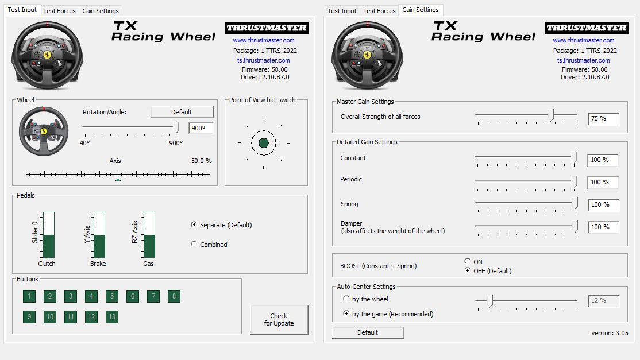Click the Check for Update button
pyautogui.click(x=279, y=319)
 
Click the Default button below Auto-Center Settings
pyautogui.click(x=368, y=332)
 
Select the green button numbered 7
pyautogui.click(x=153, y=296)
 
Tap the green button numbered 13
pyautogui.click(x=112, y=316)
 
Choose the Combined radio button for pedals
pyautogui.click(x=194, y=244)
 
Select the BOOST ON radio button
pyautogui.click(x=468, y=262)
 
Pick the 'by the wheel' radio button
pyautogui.click(x=346, y=299)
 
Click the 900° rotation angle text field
pyautogui.click(x=201, y=128)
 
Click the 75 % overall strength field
pyautogui.click(x=603, y=119)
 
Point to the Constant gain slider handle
pyautogui.click(x=575, y=157)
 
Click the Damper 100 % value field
pyautogui.click(x=603, y=227)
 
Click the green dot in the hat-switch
pyautogui.click(x=264, y=143)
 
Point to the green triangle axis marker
pyautogui.click(x=118, y=179)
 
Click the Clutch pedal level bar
pyautogui.click(x=48, y=235)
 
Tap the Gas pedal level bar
pyautogui.click(x=149, y=235)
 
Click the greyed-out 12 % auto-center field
pyautogui.click(x=603, y=300)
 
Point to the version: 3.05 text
pyautogui.click(x=610, y=333)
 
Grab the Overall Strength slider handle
pyautogui.click(x=552, y=115)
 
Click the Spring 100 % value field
pyautogui.click(x=603, y=204)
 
